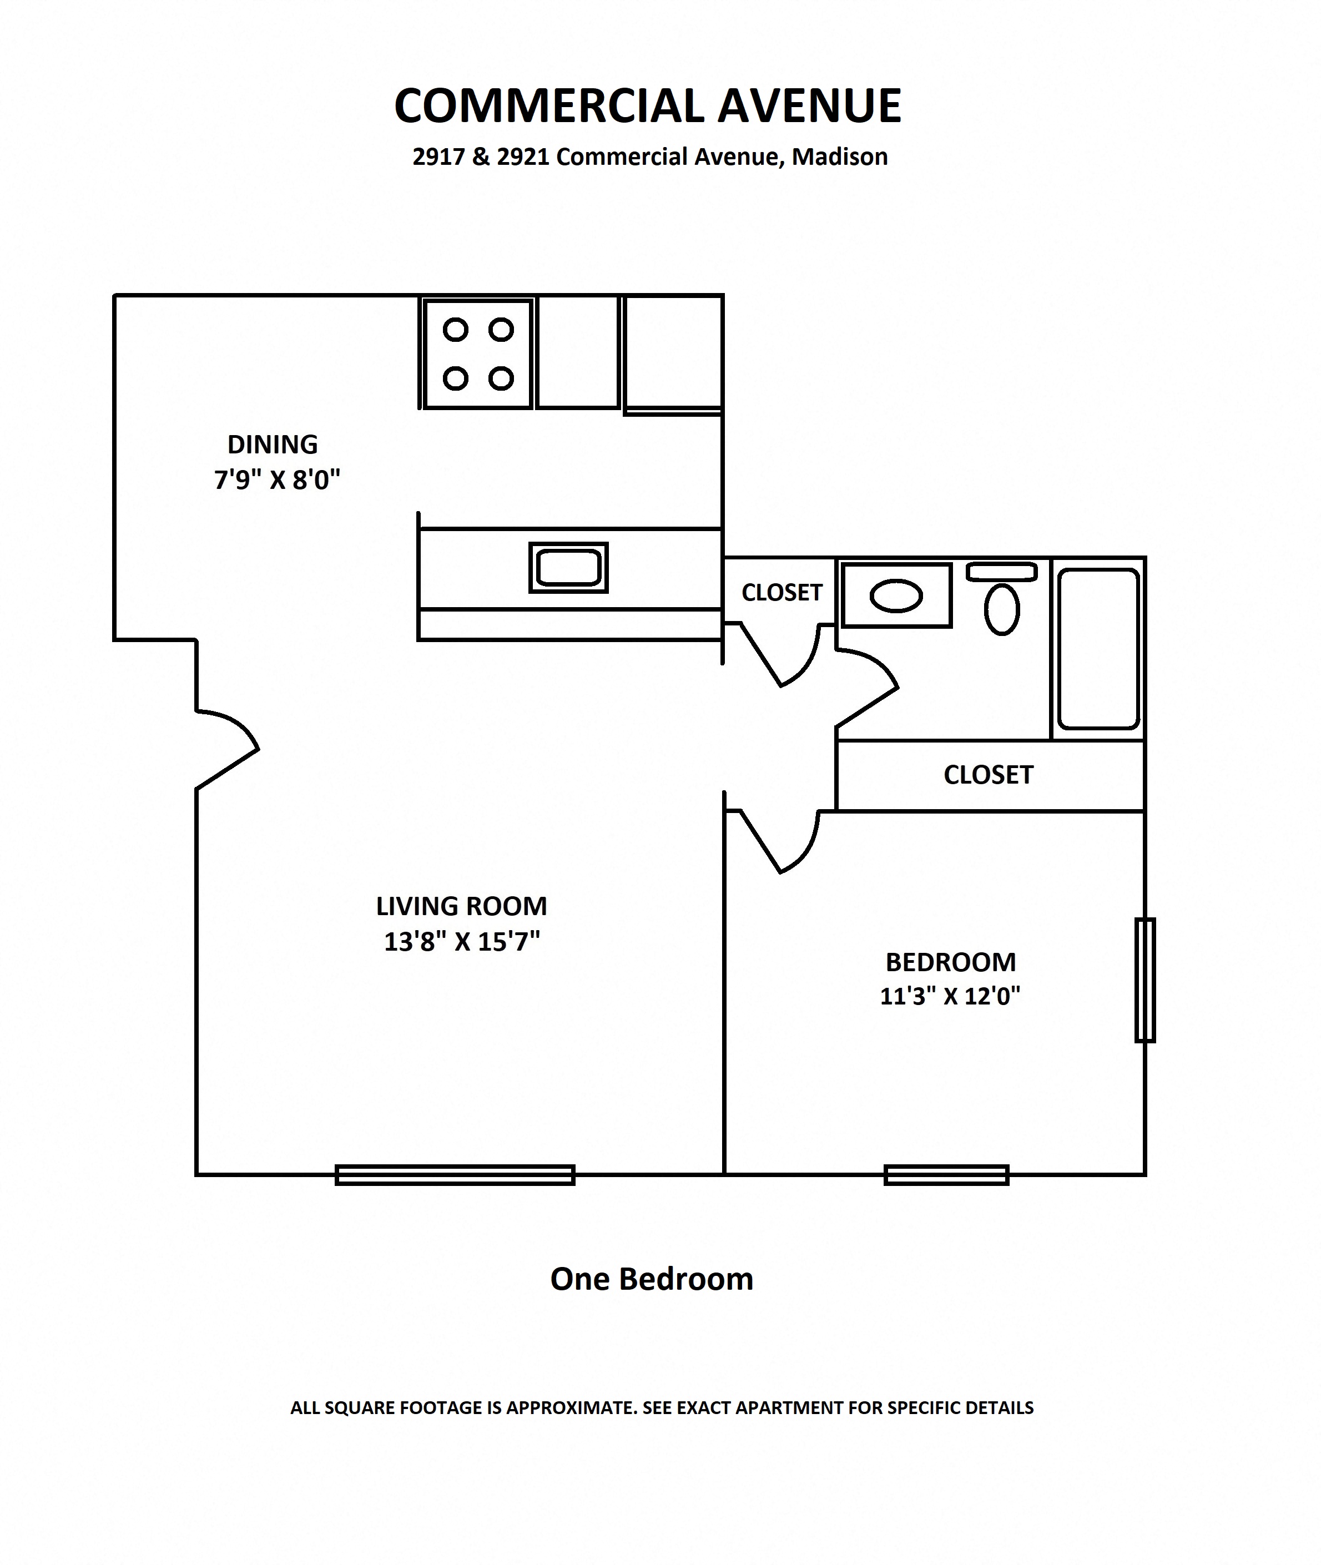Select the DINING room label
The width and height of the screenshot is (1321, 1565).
(273, 445)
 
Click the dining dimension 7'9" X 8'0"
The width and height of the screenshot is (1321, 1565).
(277, 479)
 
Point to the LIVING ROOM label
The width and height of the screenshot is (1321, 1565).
(461, 906)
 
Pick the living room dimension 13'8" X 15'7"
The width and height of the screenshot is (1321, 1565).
(462, 941)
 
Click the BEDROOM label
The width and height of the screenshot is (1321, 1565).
(950, 962)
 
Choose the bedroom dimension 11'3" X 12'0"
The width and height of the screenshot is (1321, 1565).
(950, 997)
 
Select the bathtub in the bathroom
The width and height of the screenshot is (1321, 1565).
(1098, 648)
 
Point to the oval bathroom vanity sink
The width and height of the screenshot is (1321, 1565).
(896, 597)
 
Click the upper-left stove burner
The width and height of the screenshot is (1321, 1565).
(455, 330)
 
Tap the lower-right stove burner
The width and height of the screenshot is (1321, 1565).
(501, 378)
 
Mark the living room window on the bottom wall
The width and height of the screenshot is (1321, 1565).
(455, 1175)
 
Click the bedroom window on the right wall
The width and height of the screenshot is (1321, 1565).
(1145, 980)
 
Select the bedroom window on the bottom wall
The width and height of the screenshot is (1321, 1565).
(946, 1175)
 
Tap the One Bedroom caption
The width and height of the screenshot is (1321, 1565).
(652, 1280)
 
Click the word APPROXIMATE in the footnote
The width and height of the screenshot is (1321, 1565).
(571, 1408)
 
